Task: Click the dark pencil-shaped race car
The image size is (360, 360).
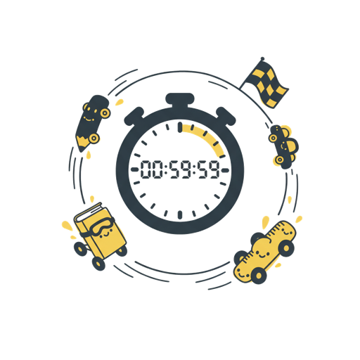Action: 92,122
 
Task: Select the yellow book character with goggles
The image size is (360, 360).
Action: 100,236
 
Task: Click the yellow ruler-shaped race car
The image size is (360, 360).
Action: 264,252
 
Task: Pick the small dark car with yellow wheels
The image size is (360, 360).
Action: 283,146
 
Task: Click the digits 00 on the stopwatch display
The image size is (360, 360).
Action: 151,169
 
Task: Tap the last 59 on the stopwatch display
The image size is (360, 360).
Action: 209,169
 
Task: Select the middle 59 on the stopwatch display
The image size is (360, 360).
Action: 181,169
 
